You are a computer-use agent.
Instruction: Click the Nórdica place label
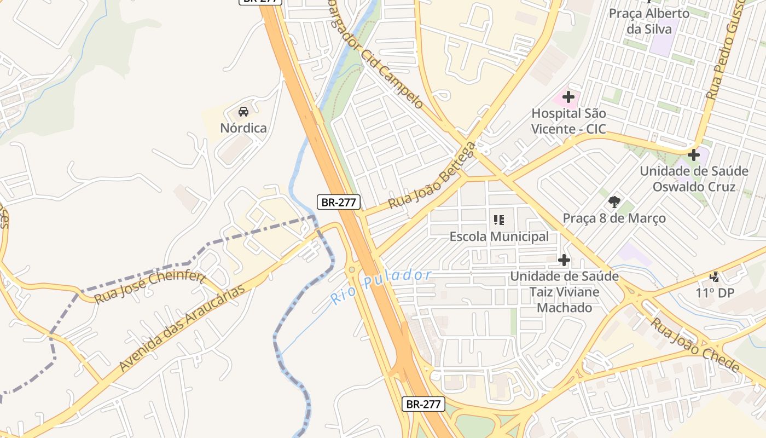pos(243,128)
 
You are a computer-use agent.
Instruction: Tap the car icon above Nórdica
pos(243,112)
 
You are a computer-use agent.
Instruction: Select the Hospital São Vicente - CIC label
pos(569,122)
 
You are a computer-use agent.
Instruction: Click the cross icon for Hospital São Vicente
pos(568,97)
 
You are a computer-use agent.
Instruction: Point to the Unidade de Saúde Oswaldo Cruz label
pos(694,179)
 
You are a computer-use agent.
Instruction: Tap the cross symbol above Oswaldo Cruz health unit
pos(694,155)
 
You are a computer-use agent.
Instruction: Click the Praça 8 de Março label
pos(614,218)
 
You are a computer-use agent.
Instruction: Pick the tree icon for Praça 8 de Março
pos(614,202)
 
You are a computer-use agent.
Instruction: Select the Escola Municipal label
pos(499,237)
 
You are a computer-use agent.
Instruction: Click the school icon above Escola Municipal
pos(499,220)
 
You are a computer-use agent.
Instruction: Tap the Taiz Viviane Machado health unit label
pos(564,292)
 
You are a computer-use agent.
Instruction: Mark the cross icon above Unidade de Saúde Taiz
pos(564,260)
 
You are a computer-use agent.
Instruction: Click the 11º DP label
pos(715,293)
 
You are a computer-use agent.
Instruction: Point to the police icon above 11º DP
pos(715,277)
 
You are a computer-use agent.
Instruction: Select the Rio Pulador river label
pos(381,286)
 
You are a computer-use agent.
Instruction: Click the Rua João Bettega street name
pos(432,175)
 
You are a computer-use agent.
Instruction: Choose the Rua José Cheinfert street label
pos(150,287)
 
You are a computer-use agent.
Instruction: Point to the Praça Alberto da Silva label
pos(649,21)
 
